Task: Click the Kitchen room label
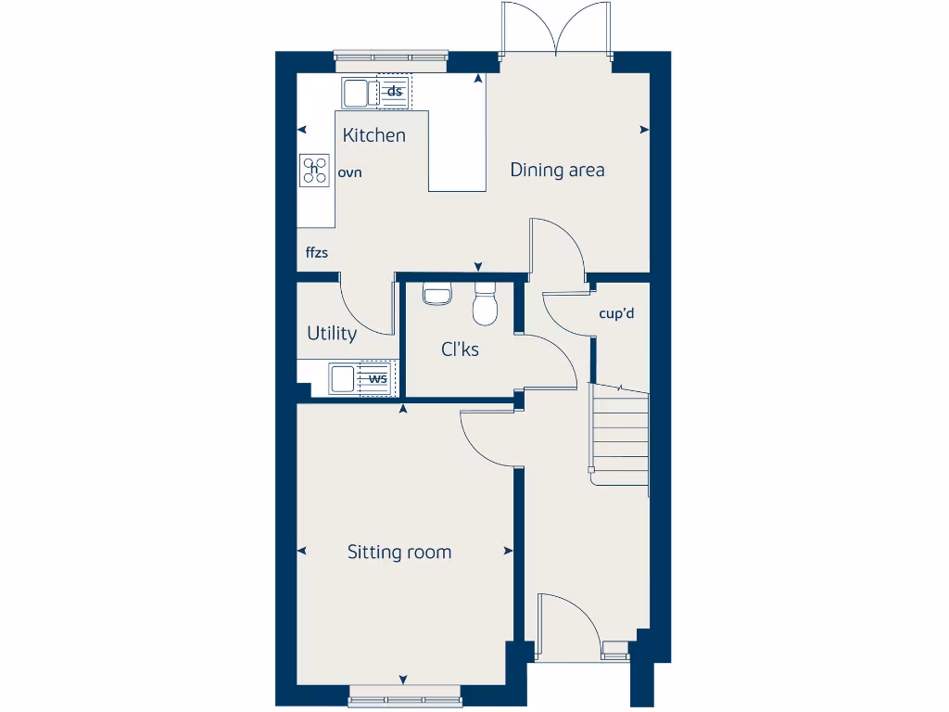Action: [373, 135]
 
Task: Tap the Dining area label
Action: [557, 170]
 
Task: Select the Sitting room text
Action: [399, 553]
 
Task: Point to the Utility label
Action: [331, 334]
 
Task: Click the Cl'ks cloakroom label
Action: [460, 350]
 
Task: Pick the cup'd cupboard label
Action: [616, 313]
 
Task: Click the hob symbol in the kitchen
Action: [315, 169]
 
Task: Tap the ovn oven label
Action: [349, 172]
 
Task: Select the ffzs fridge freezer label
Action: [317, 252]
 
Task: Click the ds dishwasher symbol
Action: [394, 91]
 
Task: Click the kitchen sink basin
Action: [355, 92]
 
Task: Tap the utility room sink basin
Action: [342, 378]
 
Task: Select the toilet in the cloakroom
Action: [485, 305]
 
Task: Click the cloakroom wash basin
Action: [437, 294]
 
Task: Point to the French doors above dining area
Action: [556, 28]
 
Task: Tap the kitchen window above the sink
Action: [391, 58]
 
